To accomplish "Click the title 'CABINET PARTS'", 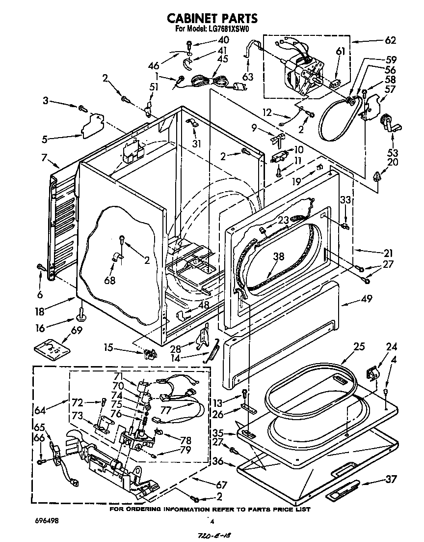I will pyautogui.click(x=212, y=18).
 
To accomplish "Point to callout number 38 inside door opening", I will pyautogui.click(x=278, y=256).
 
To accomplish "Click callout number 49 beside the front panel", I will pyautogui.click(x=366, y=298).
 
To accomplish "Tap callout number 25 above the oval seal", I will pyautogui.click(x=359, y=346).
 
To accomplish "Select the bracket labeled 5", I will pyautogui.click(x=93, y=125).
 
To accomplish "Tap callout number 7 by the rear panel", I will pyautogui.click(x=44, y=158).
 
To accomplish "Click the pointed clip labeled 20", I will pyautogui.click(x=378, y=176).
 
